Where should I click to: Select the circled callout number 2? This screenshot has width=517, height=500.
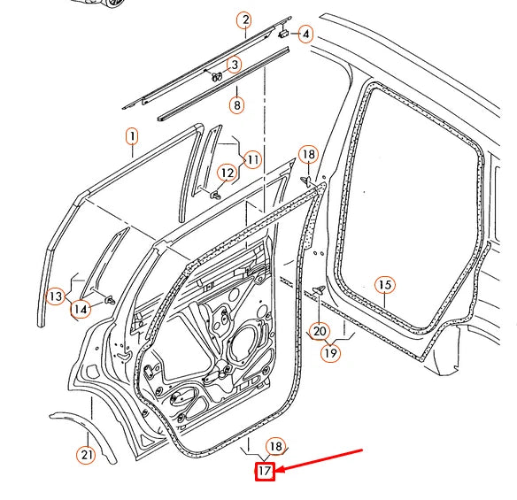(244, 20)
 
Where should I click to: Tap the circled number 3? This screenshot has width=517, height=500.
(235, 65)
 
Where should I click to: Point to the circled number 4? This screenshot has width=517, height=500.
(305, 35)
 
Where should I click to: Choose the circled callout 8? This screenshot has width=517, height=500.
(236, 105)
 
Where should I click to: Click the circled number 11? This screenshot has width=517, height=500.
(252, 159)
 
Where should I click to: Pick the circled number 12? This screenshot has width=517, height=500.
(227, 172)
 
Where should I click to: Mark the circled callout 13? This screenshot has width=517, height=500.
(57, 296)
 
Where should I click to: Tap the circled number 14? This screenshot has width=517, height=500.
(81, 309)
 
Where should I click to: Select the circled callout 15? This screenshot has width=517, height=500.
(385, 285)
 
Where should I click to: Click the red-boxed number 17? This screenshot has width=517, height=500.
(265, 471)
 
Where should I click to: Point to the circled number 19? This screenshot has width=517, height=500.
(330, 353)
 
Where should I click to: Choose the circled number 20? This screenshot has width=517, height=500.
(319, 331)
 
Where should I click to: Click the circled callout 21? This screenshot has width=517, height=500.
(86, 455)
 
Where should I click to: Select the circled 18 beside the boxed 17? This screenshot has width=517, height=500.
(276, 447)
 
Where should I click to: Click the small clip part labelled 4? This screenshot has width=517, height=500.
(285, 33)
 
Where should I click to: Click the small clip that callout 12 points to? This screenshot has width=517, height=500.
(214, 194)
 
